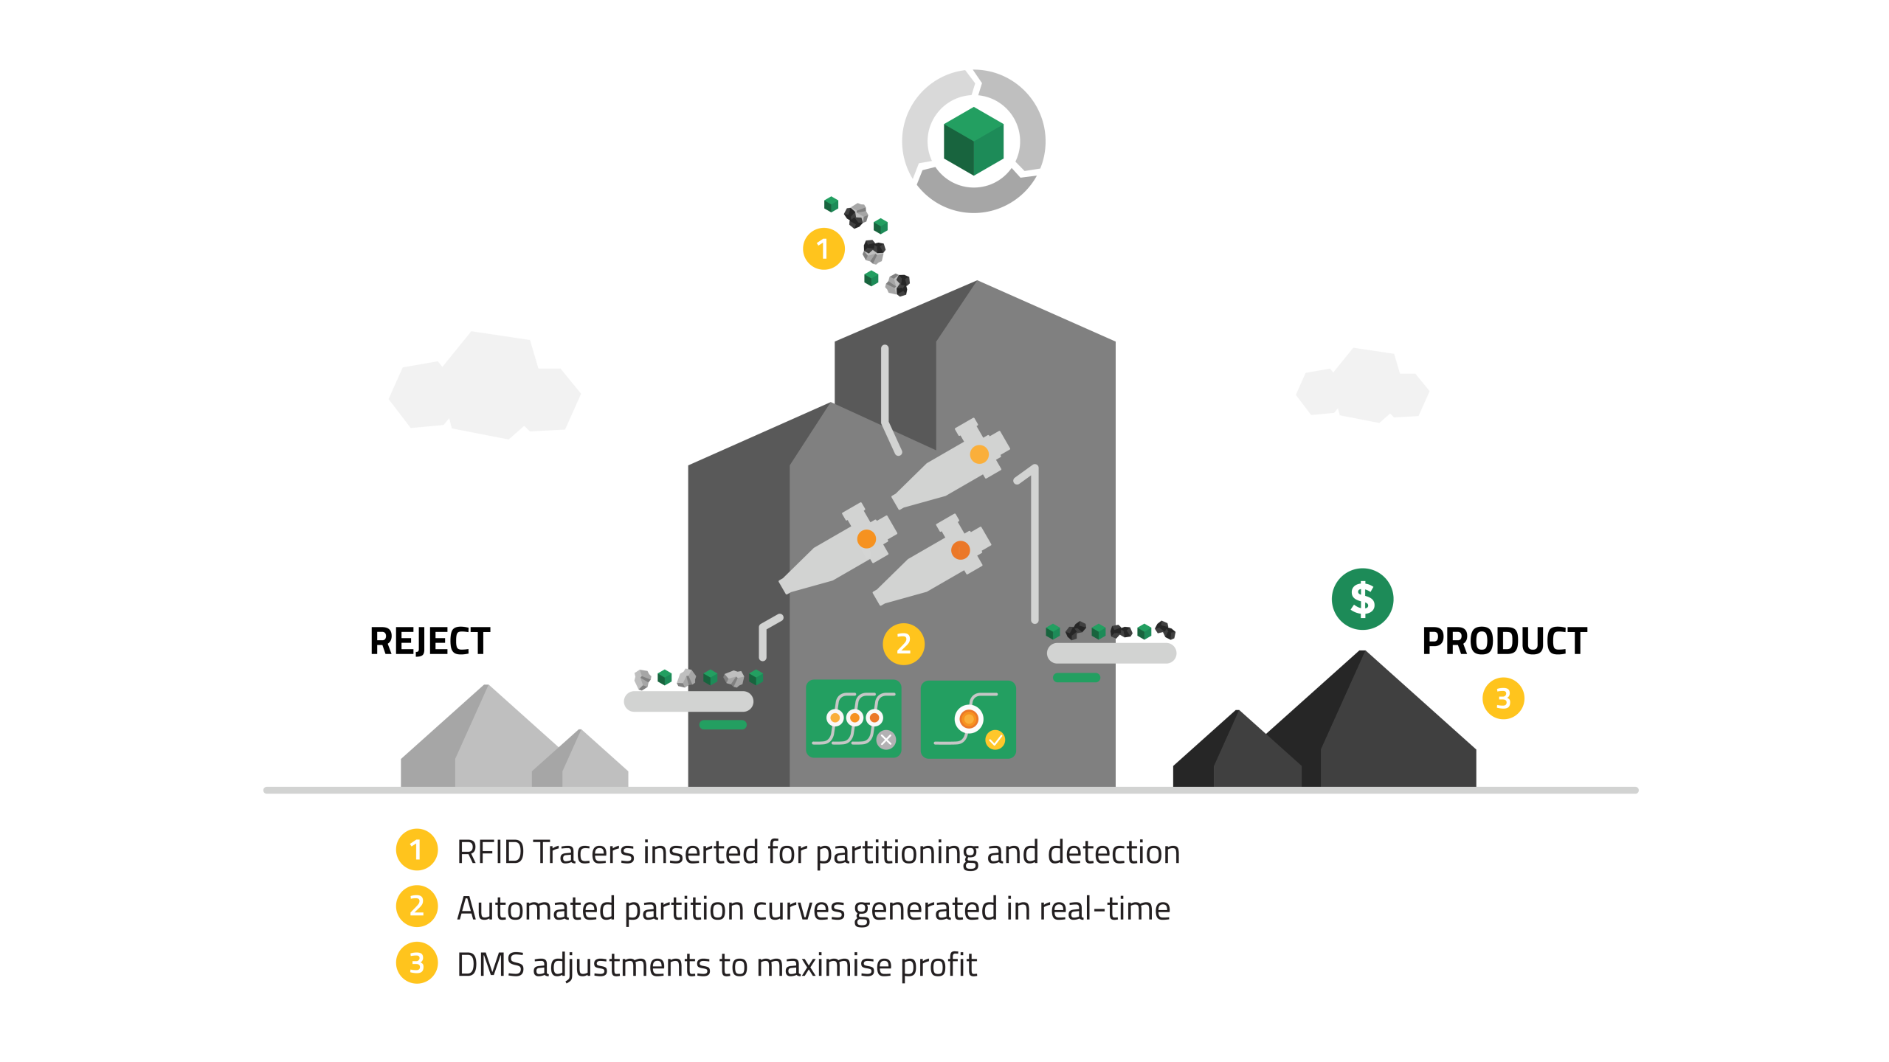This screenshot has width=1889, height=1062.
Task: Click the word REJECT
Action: coord(429,641)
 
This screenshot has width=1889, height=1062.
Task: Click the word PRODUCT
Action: coord(1504,641)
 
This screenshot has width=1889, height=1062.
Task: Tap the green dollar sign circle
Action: coord(1362,599)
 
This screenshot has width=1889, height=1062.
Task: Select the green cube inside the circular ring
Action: coord(973,141)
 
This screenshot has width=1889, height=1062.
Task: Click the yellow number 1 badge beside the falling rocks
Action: coord(823,249)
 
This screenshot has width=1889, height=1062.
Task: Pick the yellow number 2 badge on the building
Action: coord(903,644)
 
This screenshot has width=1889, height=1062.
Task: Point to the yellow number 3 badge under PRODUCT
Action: coord(1503,698)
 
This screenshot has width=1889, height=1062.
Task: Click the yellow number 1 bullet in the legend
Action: coord(417,850)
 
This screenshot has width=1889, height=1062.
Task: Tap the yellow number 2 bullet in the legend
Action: coord(417,906)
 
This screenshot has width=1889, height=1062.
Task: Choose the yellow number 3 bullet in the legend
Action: coord(417,963)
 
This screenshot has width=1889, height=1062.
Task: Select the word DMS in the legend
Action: coord(490,965)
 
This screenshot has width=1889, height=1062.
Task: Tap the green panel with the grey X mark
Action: coord(854,719)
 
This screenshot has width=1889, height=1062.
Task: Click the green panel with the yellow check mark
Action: coord(968,719)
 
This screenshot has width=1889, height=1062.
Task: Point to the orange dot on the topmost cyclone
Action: coord(979,454)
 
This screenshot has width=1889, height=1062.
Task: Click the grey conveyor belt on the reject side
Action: coord(688,701)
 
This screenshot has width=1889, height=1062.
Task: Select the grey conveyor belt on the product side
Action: coord(1111,653)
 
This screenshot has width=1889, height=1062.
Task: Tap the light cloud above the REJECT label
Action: coord(485,387)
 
